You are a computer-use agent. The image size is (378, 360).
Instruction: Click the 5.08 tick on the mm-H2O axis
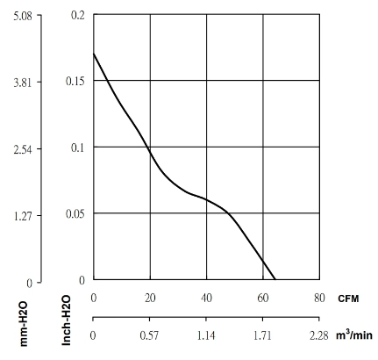23,16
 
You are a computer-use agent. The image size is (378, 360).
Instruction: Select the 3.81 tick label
23,83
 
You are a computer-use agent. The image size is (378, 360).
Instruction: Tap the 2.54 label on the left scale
23,149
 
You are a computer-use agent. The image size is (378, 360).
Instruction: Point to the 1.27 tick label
23,216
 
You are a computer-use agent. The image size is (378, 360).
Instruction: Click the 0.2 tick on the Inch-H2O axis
78,15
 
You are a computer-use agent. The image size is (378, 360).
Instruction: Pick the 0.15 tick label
75,81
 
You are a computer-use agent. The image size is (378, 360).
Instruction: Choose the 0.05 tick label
75,214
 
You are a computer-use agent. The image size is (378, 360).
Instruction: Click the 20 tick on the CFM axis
150,298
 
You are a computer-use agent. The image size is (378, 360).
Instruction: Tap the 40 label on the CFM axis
206,298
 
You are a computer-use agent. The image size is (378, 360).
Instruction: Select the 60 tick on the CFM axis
263,298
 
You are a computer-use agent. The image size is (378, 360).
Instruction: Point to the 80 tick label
319,298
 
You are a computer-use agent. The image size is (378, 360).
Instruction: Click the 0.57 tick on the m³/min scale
149,335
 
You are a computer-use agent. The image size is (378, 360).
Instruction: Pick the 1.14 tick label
206,335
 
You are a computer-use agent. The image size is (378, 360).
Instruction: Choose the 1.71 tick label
262,335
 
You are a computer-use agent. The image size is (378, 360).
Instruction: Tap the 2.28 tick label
319,335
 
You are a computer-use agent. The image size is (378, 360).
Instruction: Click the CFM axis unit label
348,299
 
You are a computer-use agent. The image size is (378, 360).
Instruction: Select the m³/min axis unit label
354,335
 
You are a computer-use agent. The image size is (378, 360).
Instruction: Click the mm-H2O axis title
24,324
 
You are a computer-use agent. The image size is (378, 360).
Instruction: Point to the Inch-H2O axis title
66,320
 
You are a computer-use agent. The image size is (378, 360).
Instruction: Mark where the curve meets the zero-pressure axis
275,279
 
